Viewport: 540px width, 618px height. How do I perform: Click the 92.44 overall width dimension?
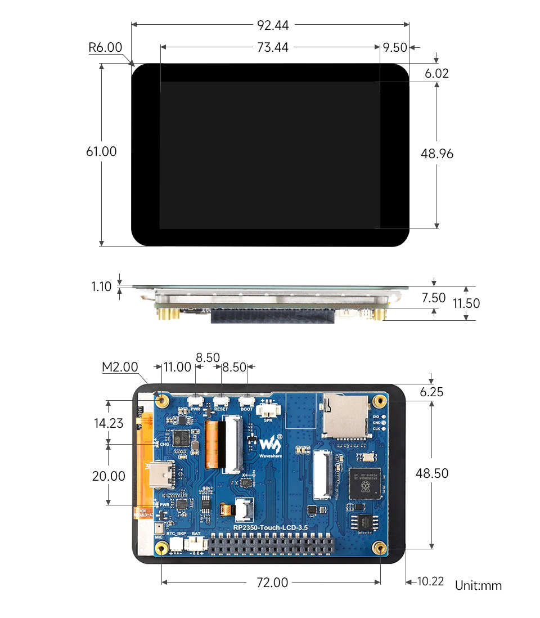(x=273, y=25)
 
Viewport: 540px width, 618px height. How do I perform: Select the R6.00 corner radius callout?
(x=105, y=47)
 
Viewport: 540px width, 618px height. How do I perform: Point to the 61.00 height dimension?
(x=101, y=151)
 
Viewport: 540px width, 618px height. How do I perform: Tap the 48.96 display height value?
(x=437, y=154)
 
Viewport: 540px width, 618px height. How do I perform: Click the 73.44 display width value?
(x=273, y=48)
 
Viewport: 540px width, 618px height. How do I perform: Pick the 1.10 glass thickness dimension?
(x=101, y=286)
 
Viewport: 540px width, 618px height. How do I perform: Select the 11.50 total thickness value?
(x=466, y=303)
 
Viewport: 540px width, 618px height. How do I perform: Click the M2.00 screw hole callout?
(x=120, y=368)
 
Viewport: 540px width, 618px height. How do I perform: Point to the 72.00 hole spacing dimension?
(x=272, y=583)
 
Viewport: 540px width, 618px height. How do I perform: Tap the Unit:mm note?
(x=478, y=586)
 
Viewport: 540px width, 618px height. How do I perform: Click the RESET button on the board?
(x=221, y=401)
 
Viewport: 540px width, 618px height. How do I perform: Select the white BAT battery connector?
(x=196, y=543)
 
